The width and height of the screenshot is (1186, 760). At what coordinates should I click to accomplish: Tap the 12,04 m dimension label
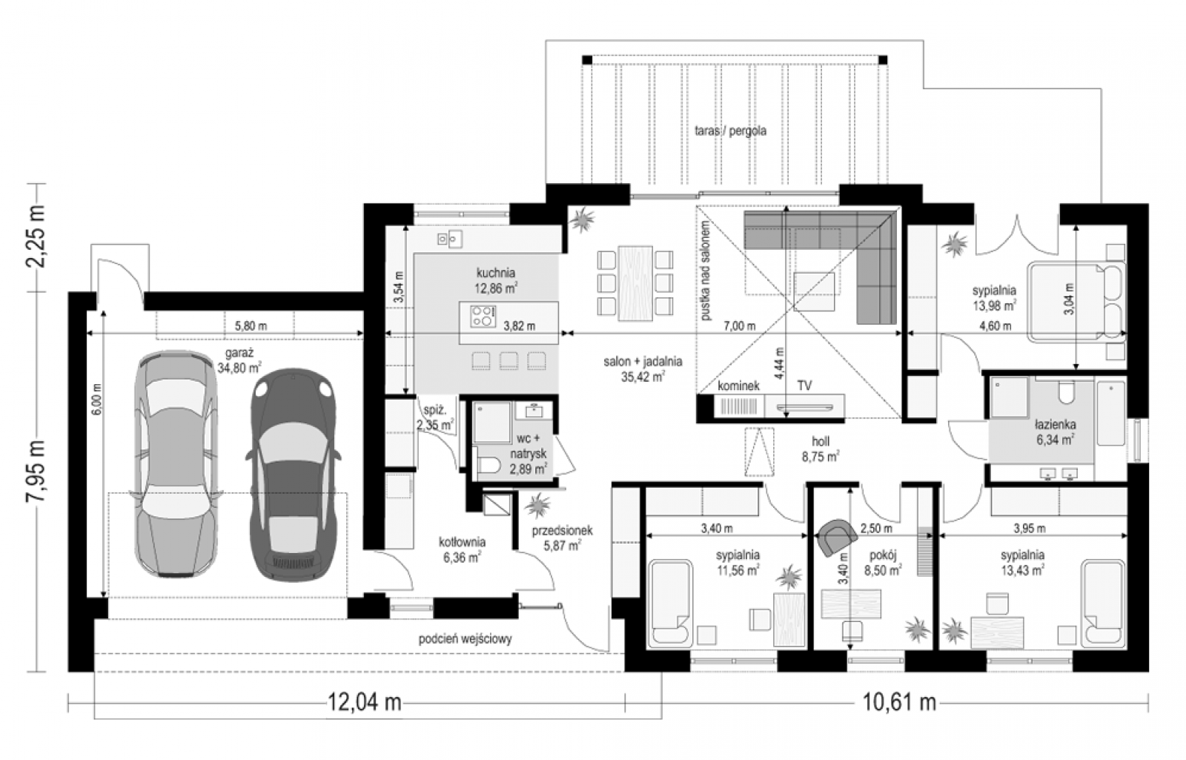point(364,703)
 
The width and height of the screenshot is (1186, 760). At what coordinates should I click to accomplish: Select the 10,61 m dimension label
point(900,703)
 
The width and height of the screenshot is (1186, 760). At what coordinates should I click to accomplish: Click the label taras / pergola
point(730,130)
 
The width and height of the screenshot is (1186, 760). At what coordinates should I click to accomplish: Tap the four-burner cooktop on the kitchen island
point(483,316)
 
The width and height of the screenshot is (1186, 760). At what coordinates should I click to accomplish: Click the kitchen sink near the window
point(449,239)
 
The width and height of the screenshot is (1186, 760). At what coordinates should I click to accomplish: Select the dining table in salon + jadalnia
point(635,282)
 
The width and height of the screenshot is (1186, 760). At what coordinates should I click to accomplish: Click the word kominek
point(738,386)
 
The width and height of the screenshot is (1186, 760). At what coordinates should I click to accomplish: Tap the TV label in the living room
point(804,386)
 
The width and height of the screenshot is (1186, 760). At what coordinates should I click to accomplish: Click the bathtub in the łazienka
point(1111,414)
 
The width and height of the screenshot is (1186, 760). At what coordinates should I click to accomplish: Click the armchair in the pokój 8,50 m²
point(837,537)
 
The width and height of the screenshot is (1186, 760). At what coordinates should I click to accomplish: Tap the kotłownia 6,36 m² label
point(462,549)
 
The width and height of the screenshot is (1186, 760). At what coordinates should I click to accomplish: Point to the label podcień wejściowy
point(466,639)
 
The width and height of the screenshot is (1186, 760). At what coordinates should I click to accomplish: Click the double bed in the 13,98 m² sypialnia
point(1076,302)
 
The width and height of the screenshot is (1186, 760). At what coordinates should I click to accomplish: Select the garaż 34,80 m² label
point(239,360)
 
